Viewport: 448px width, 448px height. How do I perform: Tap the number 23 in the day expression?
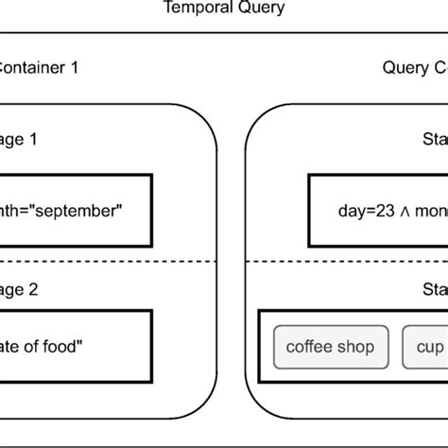tap(375, 210)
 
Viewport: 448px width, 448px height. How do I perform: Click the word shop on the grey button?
tap(355, 347)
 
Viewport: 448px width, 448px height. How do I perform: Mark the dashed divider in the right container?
tap(350, 262)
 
